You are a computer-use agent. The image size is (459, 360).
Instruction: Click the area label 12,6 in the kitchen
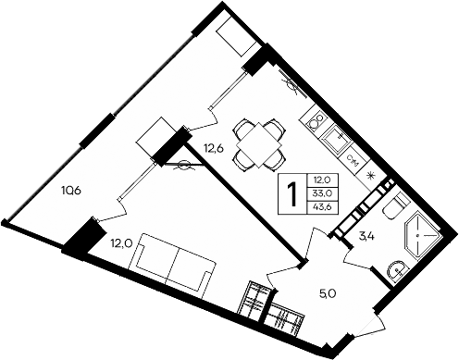[x=214, y=144]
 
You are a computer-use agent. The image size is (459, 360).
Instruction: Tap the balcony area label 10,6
[x=70, y=192]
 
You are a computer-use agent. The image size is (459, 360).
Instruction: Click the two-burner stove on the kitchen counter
[x=315, y=121]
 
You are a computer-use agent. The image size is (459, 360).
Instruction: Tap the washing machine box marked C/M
[x=352, y=159]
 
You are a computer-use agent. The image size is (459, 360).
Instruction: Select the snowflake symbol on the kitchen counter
[x=372, y=176]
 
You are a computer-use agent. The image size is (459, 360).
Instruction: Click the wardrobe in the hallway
[x=274, y=310]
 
